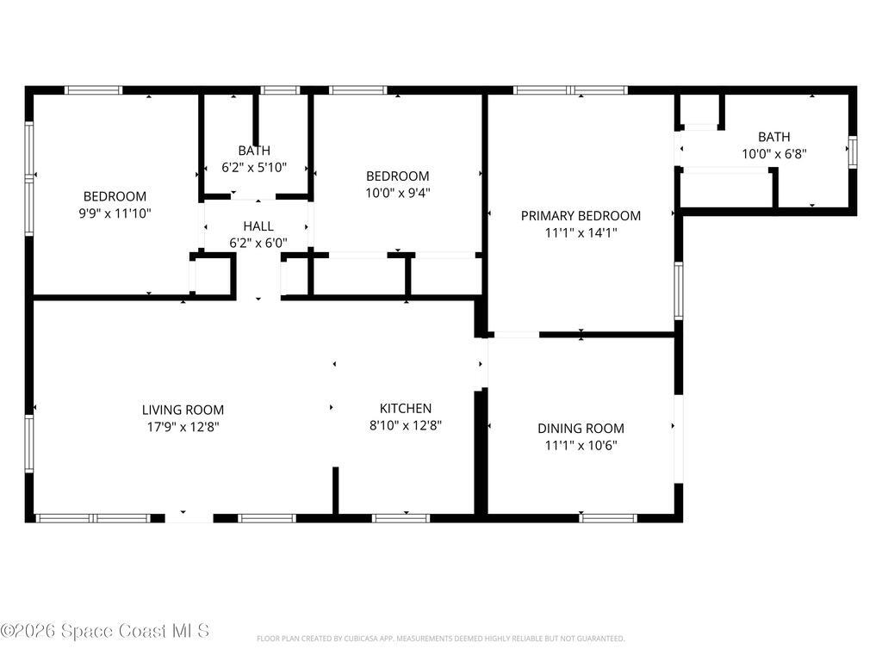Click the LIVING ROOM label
[x=183, y=410]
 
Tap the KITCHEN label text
[x=406, y=408]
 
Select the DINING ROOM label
[x=581, y=429]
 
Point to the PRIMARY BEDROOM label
[x=581, y=216]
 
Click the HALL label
[x=258, y=226]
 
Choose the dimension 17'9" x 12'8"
[x=183, y=425]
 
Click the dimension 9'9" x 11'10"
[x=115, y=212]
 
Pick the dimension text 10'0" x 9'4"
[x=397, y=193]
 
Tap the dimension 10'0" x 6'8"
[x=773, y=153]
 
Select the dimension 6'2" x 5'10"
[x=254, y=168]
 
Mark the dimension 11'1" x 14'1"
[x=581, y=232]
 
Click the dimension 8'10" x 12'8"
[x=406, y=424]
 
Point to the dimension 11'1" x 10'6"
[x=581, y=445]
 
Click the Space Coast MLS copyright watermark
[x=105, y=631]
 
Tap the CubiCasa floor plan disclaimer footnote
[x=440, y=639]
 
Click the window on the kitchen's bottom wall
[x=401, y=518]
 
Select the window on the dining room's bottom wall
[x=608, y=518]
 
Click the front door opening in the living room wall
[x=189, y=518]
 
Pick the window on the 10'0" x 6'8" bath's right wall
[x=853, y=150]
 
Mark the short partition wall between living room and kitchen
[x=336, y=491]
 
